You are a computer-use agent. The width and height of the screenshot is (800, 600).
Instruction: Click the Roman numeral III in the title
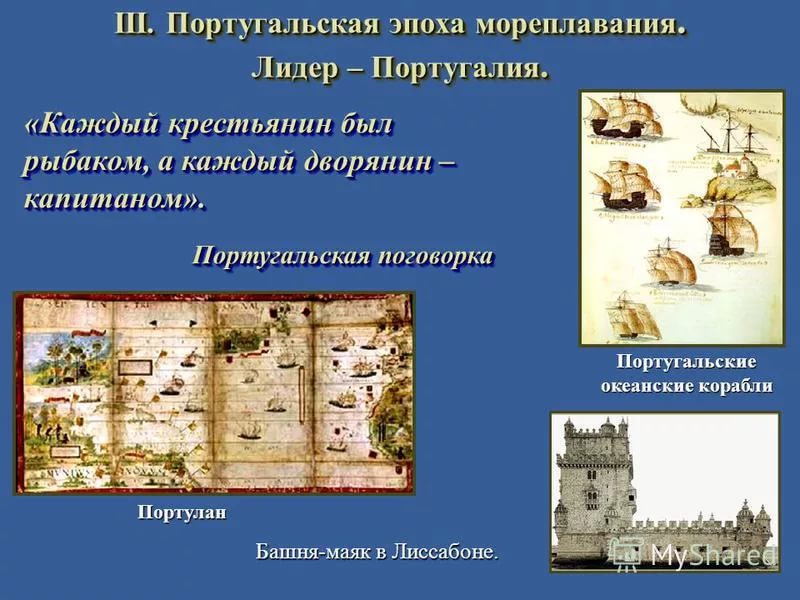133,24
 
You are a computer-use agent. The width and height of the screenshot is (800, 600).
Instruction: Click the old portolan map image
214,393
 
